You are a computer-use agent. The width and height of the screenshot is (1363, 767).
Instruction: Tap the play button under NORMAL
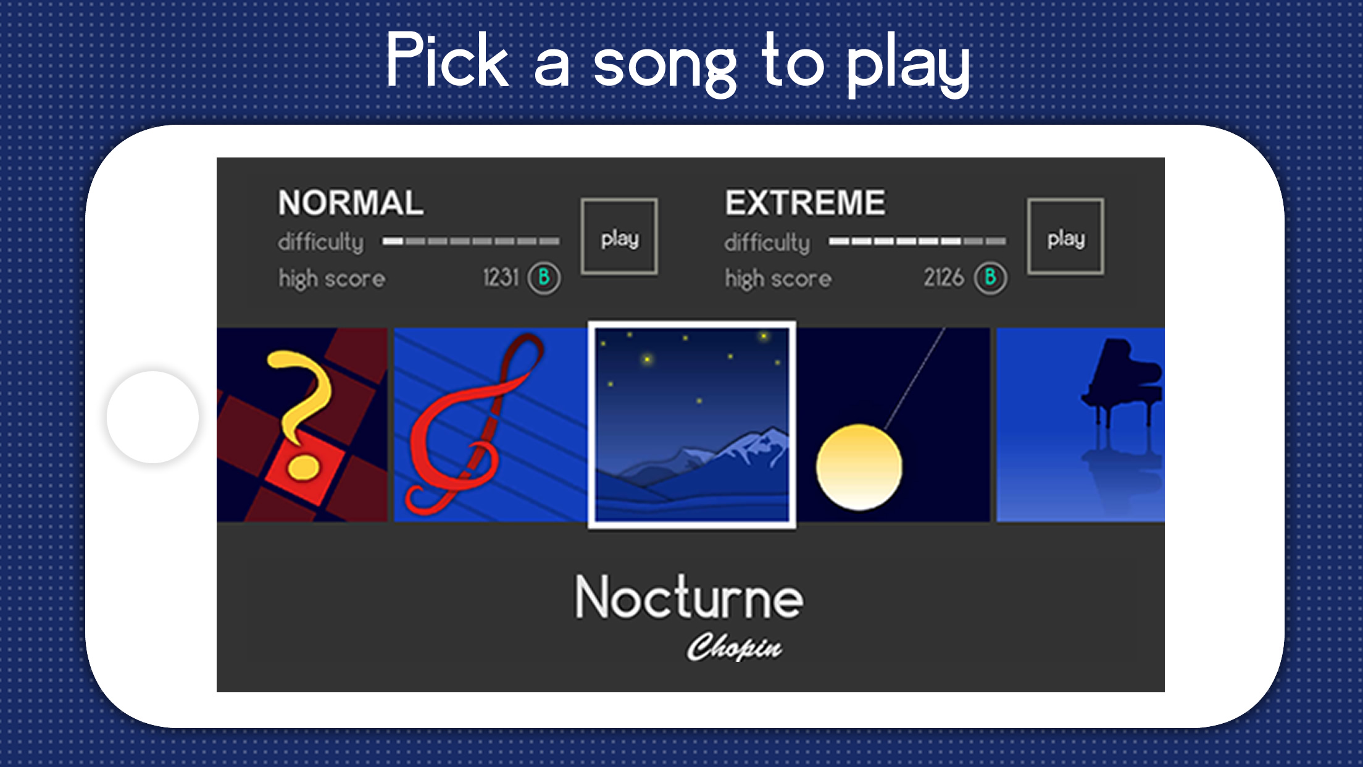coord(619,237)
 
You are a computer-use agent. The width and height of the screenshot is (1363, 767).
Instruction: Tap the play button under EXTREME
coord(1065,237)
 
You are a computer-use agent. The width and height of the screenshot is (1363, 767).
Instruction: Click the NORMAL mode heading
coord(351,203)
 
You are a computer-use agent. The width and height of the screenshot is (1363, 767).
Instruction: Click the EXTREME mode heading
coord(805,203)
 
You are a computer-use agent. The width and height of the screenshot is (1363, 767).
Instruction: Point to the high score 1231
coord(501,278)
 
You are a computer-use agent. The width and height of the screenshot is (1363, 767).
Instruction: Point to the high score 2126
coord(943,278)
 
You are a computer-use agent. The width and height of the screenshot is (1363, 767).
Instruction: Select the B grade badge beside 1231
coord(544,278)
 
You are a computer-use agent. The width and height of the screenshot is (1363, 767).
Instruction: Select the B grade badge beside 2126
coord(990,278)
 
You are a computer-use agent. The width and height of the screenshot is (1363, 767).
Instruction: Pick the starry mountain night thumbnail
coord(692,425)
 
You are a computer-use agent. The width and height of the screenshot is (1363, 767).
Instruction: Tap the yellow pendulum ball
coord(859,467)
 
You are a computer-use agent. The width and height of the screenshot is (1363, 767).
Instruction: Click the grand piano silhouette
coord(1121,382)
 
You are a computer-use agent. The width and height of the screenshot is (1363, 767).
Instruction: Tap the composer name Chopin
coord(734,647)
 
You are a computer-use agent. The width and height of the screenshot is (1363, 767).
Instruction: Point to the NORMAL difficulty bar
coord(471,241)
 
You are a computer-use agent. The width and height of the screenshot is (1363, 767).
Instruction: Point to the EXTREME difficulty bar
coord(917,241)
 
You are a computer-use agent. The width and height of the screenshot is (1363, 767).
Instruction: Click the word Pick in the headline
coord(447,60)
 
